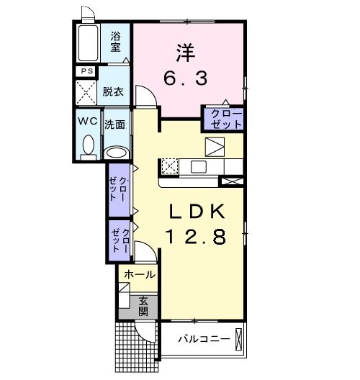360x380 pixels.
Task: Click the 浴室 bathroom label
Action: (x=115, y=42)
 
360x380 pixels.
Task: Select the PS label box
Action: (x=86, y=71)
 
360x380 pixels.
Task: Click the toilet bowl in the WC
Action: (x=89, y=144)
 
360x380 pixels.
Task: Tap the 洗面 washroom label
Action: (x=115, y=124)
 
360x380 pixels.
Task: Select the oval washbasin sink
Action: (x=115, y=152)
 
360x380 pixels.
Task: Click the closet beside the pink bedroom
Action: (x=223, y=117)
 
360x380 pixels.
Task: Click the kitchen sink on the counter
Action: (x=199, y=167)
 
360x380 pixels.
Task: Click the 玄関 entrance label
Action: (x=143, y=306)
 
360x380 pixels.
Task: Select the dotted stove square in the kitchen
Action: (x=170, y=166)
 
